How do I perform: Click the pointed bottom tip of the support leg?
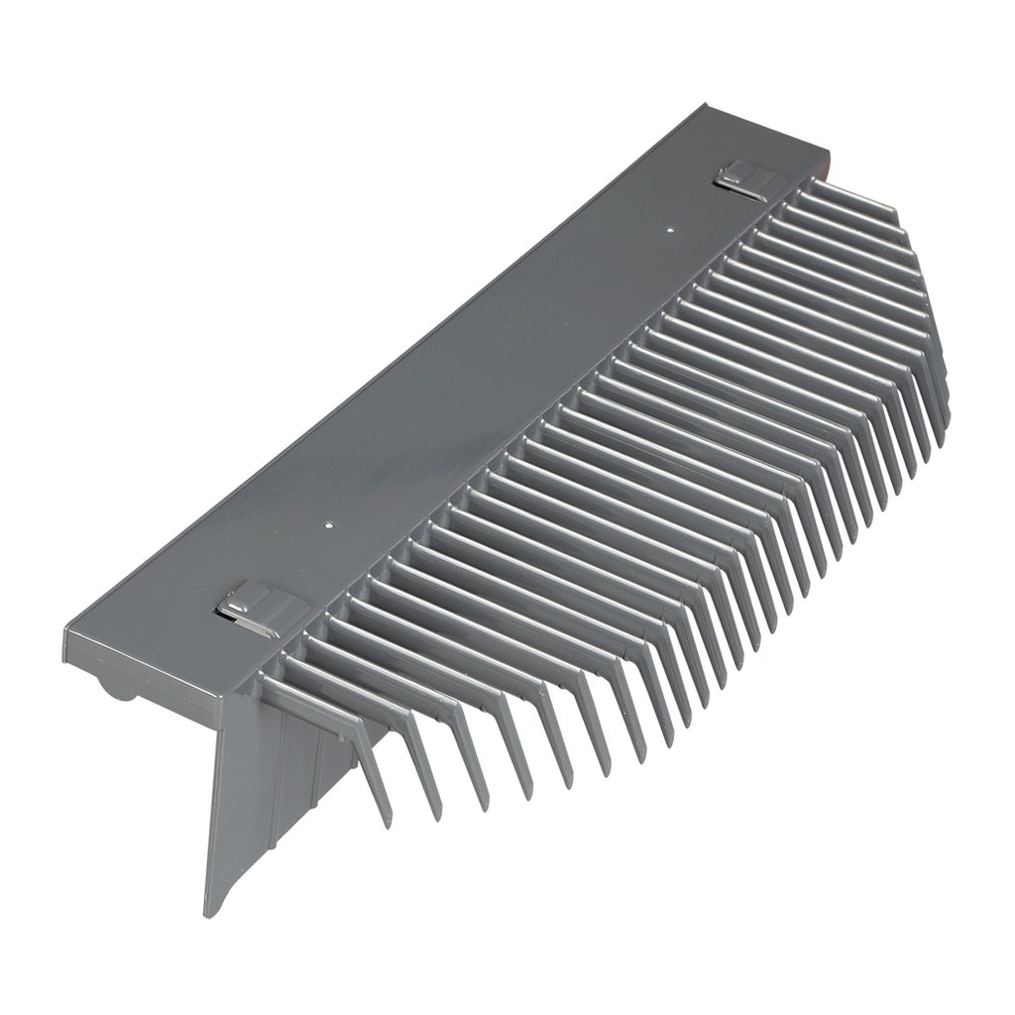(209, 912)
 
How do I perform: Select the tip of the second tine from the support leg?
(434, 815)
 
